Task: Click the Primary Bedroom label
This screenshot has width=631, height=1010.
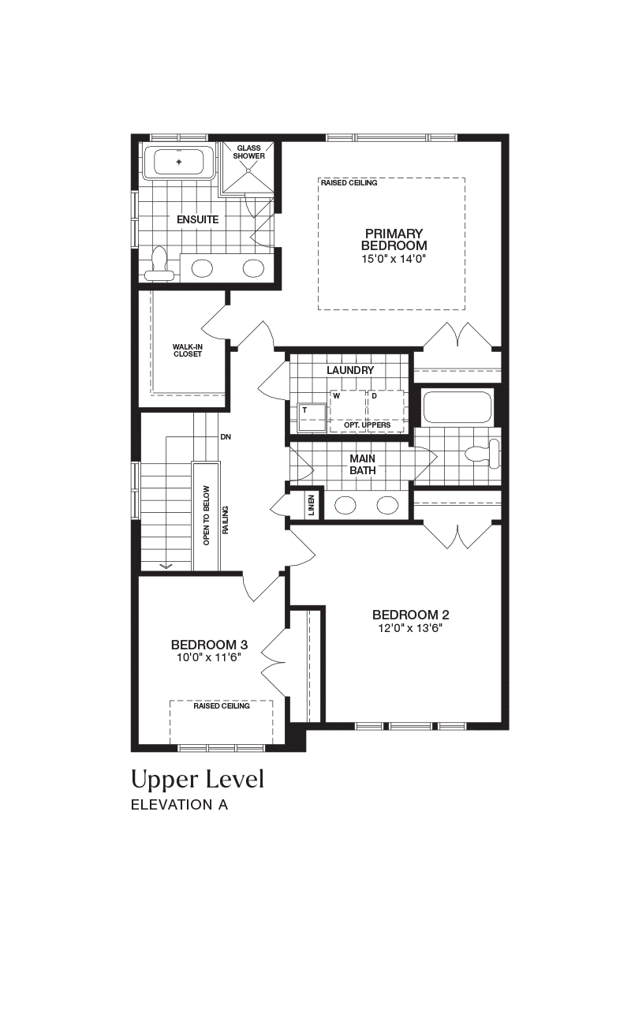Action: click(394, 239)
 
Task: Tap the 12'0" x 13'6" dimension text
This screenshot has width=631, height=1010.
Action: click(411, 628)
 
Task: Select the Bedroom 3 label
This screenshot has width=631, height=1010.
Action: click(209, 645)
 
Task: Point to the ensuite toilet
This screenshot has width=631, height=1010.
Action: click(159, 264)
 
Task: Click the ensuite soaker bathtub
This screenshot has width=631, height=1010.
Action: click(179, 162)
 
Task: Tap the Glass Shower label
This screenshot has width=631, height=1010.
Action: click(248, 152)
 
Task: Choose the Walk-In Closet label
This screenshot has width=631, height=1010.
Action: click(188, 350)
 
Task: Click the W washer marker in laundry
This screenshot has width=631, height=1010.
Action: click(336, 396)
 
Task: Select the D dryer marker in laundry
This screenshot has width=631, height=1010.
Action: click(374, 396)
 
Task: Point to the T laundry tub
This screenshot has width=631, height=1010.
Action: click(312, 417)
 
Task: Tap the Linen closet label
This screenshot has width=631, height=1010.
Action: click(312, 505)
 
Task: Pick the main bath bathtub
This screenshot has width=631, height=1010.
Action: click(457, 408)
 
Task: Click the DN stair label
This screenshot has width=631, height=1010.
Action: click(226, 437)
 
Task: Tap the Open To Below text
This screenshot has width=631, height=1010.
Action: click(207, 515)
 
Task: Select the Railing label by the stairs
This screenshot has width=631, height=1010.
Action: click(226, 520)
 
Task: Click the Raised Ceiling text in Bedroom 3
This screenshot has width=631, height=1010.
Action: click(222, 705)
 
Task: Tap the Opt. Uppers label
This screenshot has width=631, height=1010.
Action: click(367, 425)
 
